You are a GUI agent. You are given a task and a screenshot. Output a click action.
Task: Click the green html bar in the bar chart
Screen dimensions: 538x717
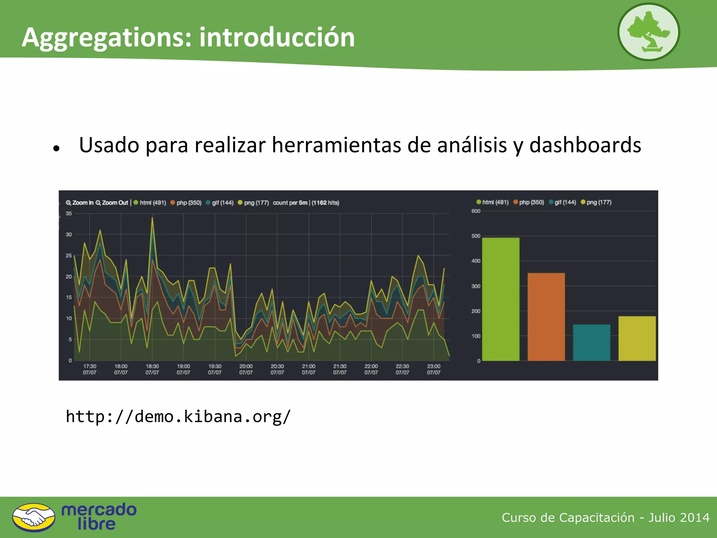501,299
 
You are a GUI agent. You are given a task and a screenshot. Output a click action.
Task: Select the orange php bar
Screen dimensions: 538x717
546,317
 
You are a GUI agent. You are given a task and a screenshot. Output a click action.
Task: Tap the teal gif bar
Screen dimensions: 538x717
591,342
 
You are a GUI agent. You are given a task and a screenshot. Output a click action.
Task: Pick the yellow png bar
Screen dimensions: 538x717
637,338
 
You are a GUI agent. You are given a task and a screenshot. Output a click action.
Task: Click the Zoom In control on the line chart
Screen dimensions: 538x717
80,203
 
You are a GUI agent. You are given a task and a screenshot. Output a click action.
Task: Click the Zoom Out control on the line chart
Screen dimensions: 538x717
112,203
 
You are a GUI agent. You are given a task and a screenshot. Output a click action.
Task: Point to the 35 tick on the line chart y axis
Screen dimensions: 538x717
69,213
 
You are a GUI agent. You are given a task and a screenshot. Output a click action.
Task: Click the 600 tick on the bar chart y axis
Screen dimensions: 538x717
476,211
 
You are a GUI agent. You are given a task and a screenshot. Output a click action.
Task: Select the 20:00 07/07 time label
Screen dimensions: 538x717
246,369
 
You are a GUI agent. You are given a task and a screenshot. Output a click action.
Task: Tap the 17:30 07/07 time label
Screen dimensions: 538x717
90,369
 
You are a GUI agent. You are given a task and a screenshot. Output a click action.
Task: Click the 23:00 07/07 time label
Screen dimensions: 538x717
433,369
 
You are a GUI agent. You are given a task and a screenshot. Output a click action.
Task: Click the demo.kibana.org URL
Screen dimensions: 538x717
178,416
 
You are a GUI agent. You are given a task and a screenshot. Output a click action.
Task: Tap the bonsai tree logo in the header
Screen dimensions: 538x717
648,32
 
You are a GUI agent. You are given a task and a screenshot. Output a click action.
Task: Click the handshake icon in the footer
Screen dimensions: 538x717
34,517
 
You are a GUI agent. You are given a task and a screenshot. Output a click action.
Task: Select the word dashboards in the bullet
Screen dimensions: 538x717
585,145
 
